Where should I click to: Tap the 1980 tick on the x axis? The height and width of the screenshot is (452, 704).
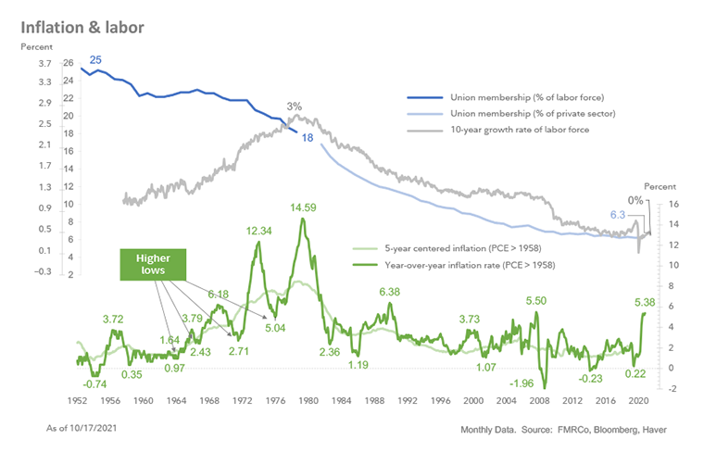point(310,400)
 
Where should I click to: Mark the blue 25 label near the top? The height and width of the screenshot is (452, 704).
point(95,61)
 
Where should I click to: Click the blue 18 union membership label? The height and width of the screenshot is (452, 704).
point(308,137)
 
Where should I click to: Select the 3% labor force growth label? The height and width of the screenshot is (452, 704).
point(294,107)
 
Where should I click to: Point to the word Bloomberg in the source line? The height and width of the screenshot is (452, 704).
point(603,432)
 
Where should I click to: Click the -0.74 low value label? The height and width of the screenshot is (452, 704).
point(95,383)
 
